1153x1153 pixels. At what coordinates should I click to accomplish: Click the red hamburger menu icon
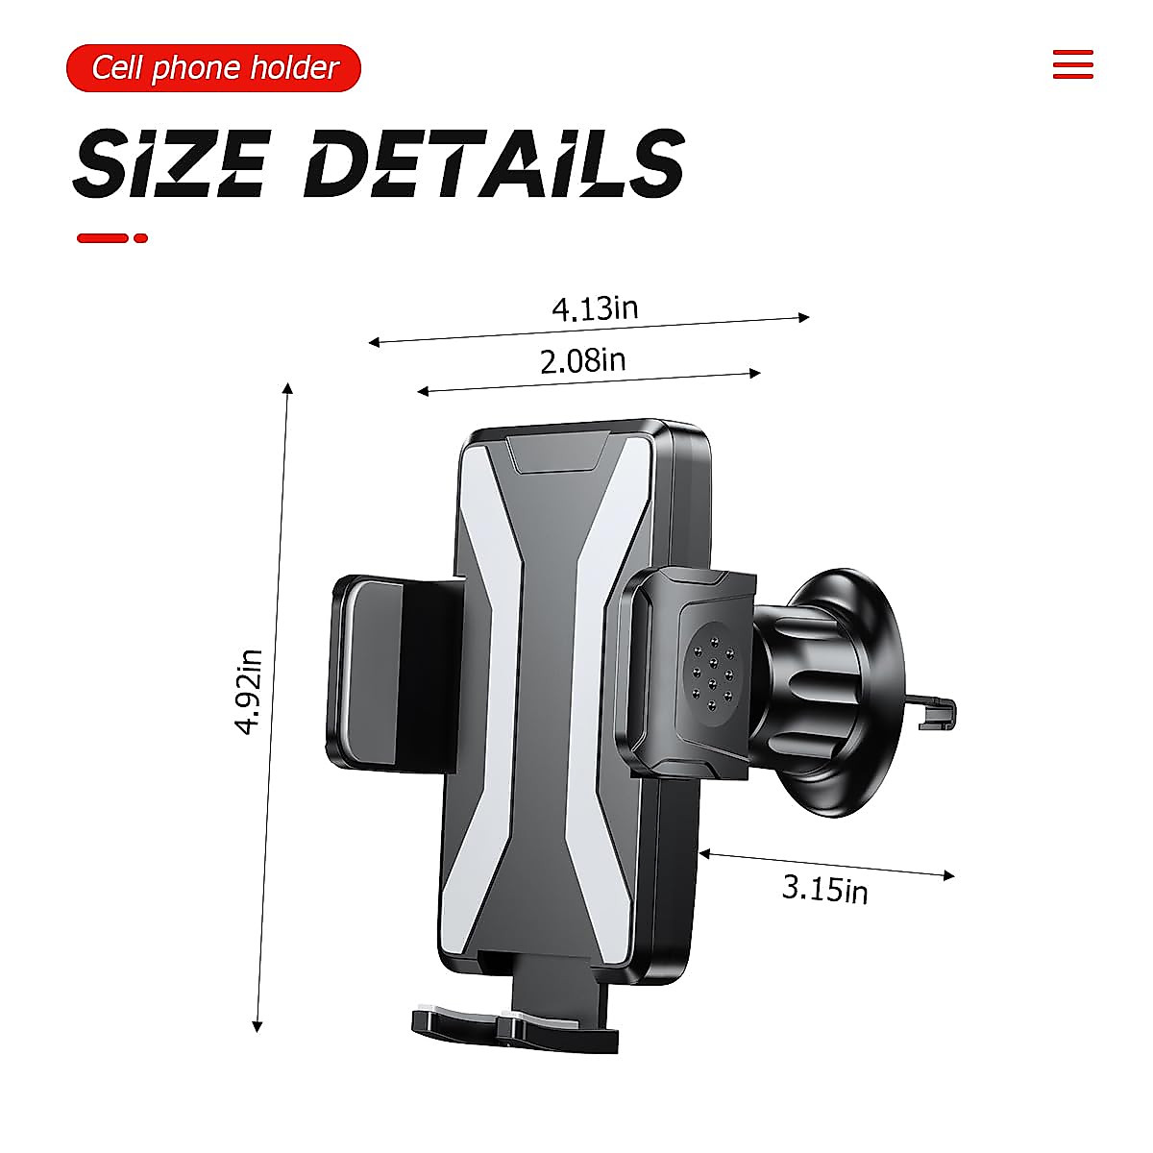click(x=1073, y=64)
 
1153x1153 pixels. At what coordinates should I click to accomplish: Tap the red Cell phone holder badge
click(x=213, y=67)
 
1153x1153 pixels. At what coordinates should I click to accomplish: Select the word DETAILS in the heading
click(x=494, y=162)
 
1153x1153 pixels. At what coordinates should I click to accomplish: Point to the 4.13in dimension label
click(x=595, y=309)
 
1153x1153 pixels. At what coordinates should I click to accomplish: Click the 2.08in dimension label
click(x=583, y=361)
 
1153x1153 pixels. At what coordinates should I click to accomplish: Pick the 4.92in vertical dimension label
click(x=248, y=691)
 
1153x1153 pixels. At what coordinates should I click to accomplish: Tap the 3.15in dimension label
click(x=824, y=889)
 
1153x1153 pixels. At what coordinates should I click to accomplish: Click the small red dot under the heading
click(x=140, y=238)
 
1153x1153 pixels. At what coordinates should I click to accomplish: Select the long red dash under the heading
click(x=103, y=238)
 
